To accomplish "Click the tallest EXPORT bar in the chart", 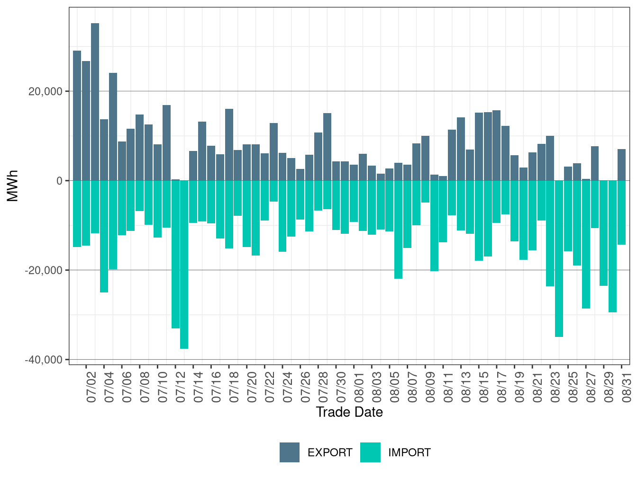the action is point(95,102).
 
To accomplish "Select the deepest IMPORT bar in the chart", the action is point(184,265).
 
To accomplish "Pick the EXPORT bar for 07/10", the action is point(166,143).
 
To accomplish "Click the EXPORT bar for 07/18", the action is point(229,145).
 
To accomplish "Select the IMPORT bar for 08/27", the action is point(586,245).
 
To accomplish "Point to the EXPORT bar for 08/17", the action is point(497,145).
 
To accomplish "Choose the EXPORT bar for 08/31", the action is point(621,165).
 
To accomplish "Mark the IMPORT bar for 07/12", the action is point(175,254).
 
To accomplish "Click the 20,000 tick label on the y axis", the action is point(45,91).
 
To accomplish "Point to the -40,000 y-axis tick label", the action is point(44,360).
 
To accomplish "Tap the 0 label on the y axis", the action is point(60,181).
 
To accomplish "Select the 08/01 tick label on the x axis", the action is point(359,387).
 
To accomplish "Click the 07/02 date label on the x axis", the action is point(91,387).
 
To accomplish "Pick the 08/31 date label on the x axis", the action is point(627,387).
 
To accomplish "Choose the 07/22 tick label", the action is point(270,387).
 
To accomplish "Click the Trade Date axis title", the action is point(349,412).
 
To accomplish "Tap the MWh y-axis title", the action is point(12,185).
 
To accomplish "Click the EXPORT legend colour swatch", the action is point(289,452).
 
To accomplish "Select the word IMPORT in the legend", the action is point(409,452).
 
